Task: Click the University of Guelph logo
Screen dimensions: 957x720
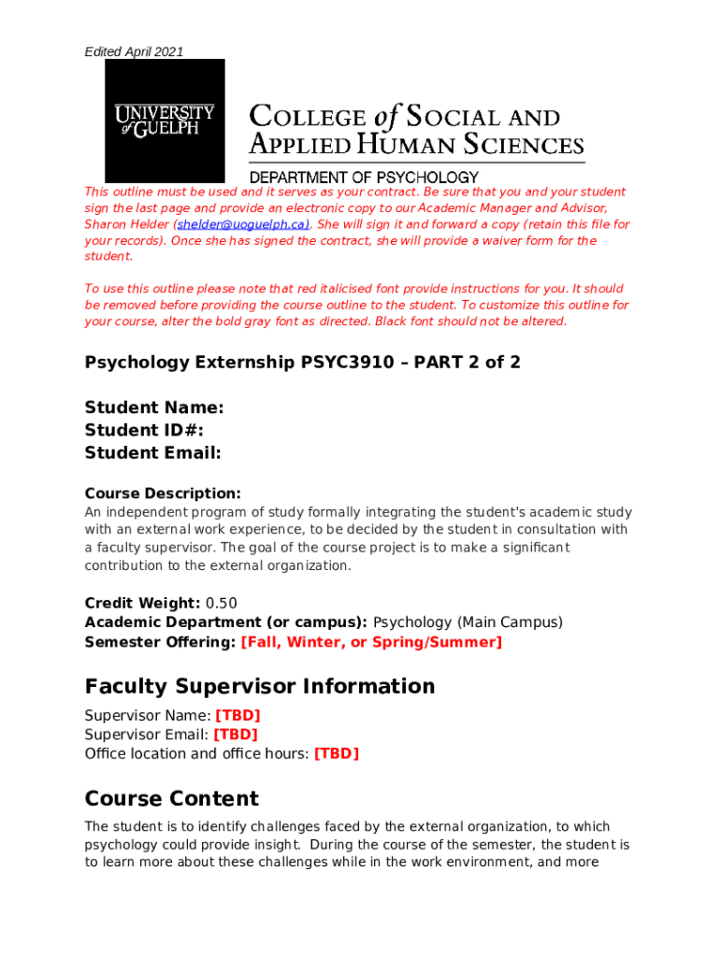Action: pyautogui.click(x=165, y=121)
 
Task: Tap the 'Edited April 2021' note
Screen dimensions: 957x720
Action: pyautogui.click(x=134, y=51)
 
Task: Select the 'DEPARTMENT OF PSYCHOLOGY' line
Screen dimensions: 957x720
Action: pyautogui.click(x=364, y=177)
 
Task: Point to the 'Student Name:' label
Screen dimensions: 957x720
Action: pyautogui.click(x=154, y=407)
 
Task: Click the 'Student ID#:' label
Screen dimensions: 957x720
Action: pyautogui.click(x=144, y=430)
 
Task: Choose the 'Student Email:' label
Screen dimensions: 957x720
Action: pyautogui.click(x=153, y=453)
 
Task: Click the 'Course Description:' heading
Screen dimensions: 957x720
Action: pyautogui.click(x=163, y=493)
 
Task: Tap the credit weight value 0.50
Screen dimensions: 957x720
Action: pyautogui.click(x=222, y=603)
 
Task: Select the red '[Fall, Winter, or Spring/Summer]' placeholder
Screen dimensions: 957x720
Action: pyautogui.click(x=371, y=642)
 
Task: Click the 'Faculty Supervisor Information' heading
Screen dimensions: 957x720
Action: pyautogui.click(x=260, y=686)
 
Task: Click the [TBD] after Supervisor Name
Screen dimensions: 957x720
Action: pyautogui.click(x=238, y=716)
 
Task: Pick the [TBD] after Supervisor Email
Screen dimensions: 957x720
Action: pyautogui.click(x=236, y=735)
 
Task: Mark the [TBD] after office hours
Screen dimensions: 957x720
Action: pyautogui.click(x=337, y=753)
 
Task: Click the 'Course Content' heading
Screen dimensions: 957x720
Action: pyautogui.click(x=172, y=799)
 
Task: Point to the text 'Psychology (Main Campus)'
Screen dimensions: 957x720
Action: pyautogui.click(x=468, y=622)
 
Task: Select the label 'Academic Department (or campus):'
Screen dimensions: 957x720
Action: pyautogui.click(x=226, y=622)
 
